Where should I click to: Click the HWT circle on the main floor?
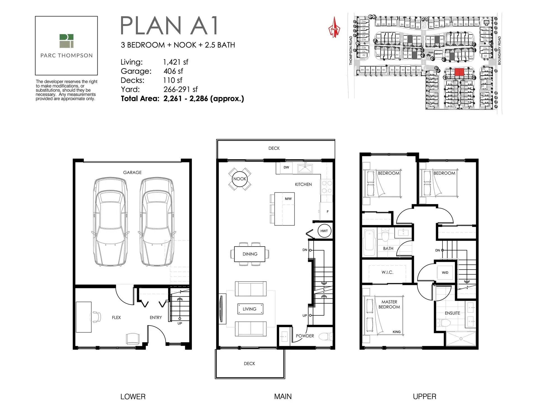(x=324, y=231)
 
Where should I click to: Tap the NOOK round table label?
(x=240, y=179)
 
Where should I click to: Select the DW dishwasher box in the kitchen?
(x=286, y=168)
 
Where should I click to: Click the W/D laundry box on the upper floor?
(x=445, y=272)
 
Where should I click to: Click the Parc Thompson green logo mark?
(x=66, y=41)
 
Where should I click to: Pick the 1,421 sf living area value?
(x=176, y=62)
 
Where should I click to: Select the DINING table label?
(x=250, y=254)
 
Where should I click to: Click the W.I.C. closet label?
(x=387, y=272)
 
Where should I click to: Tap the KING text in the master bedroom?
(x=396, y=332)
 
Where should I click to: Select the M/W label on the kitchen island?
(x=288, y=199)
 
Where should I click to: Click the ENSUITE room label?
(x=452, y=313)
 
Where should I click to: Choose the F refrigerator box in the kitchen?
(x=328, y=212)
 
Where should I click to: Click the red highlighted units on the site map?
(x=459, y=72)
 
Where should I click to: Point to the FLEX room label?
(x=116, y=317)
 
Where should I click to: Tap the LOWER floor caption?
(x=133, y=397)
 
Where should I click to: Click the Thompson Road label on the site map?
(x=351, y=51)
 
